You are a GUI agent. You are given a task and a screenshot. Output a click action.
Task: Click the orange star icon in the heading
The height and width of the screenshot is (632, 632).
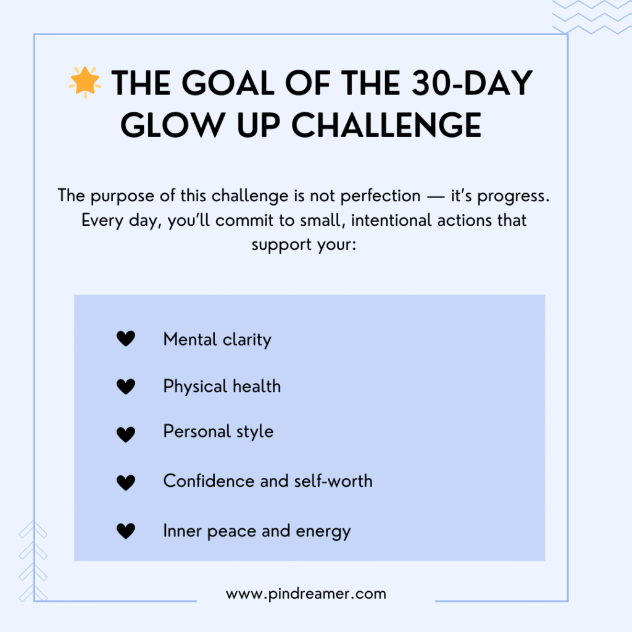tap(85, 82)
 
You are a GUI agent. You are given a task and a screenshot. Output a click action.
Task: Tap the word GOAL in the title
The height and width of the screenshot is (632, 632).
tap(228, 83)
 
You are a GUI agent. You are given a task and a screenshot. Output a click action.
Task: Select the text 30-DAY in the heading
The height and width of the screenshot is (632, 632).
tap(472, 83)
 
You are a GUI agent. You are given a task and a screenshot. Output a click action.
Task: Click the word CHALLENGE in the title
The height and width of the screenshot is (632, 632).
tap(386, 125)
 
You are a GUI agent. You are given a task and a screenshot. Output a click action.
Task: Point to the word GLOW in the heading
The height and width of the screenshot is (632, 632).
tap(173, 125)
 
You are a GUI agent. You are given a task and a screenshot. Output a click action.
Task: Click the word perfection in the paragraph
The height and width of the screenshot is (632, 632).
tap(380, 196)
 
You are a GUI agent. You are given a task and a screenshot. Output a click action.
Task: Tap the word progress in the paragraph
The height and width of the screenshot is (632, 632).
tap(513, 196)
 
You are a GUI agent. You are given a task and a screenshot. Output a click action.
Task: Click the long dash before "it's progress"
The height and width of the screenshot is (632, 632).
tap(435, 197)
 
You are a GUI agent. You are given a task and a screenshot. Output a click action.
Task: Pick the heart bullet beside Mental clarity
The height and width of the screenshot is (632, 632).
tap(126, 339)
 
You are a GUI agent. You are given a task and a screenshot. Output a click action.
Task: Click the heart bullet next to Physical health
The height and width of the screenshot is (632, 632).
tap(126, 386)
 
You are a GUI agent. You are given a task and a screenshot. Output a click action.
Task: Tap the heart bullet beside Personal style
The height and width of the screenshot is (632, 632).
tap(126, 434)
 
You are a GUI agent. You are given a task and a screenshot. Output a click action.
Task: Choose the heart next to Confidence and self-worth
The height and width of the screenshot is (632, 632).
tap(126, 483)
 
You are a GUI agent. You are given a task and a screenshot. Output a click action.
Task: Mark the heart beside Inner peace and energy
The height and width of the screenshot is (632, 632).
tap(126, 531)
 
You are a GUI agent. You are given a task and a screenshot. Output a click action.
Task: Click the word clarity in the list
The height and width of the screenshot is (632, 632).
tap(247, 340)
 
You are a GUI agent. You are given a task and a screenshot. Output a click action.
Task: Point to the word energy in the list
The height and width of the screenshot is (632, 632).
tap(323, 532)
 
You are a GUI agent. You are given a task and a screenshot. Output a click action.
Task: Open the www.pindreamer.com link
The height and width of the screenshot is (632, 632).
tap(306, 594)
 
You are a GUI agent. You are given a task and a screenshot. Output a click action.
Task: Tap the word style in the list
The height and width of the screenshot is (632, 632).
tap(255, 431)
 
